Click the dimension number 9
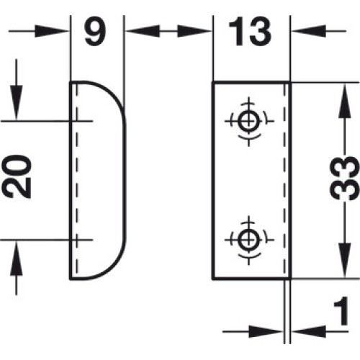(95, 31)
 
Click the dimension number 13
(250, 32)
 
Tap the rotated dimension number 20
(17, 176)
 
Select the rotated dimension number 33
(345, 178)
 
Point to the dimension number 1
(341, 311)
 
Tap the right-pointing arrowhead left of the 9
(50, 31)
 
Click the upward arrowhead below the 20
(17, 258)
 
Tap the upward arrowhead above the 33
(345, 101)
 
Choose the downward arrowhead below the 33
(345, 261)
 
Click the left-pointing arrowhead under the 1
(310, 332)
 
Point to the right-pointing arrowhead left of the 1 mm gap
(266, 332)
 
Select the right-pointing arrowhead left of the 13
(194, 31)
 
